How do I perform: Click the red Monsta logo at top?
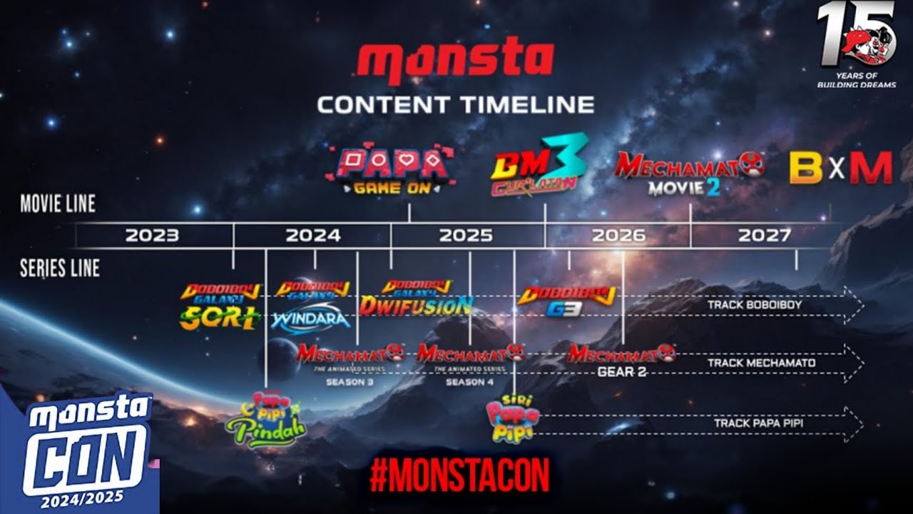click(455, 63)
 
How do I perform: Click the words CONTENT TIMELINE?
click(455, 105)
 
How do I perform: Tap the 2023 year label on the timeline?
click(152, 235)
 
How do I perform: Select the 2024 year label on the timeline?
click(313, 235)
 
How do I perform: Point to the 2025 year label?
click(466, 235)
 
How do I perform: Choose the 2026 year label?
click(618, 235)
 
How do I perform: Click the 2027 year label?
click(764, 235)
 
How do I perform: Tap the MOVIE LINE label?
click(58, 203)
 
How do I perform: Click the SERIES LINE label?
click(60, 268)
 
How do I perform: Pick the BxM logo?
click(840, 169)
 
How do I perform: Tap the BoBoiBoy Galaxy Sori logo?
click(220, 307)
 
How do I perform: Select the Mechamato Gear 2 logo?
click(621, 361)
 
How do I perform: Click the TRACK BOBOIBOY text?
click(755, 305)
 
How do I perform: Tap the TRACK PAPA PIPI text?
click(759, 423)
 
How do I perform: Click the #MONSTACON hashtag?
click(460, 475)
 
